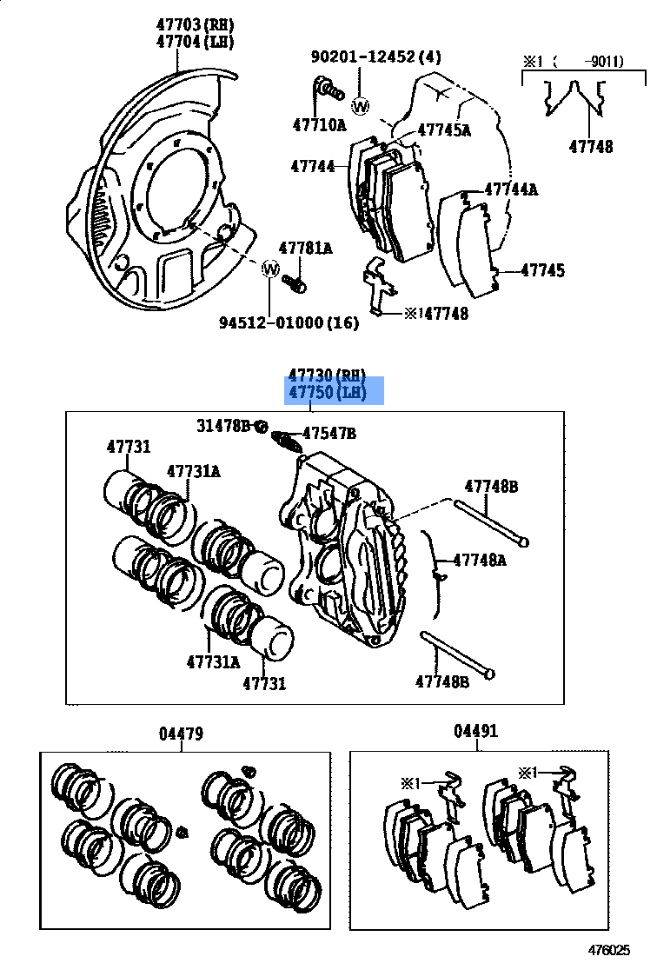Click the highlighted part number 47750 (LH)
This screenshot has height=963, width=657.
click(335, 394)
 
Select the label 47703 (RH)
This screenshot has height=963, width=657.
click(196, 24)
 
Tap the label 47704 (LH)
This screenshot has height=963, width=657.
click(196, 41)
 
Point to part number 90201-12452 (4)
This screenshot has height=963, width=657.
click(376, 57)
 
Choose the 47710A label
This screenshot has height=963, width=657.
click(318, 125)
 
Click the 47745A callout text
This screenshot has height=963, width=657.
click(443, 130)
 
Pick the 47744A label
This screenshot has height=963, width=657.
click(511, 189)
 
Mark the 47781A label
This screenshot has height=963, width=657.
click(305, 249)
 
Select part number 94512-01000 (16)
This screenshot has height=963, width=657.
click(289, 322)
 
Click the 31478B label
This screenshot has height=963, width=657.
click(223, 425)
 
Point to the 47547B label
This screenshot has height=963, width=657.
click(329, 432)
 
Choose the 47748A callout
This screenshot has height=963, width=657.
click(480, 561)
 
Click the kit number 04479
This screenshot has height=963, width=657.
click(181, 734)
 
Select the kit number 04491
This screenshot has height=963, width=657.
click(475, 731)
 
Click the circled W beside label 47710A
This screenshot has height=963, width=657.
click(361, 106)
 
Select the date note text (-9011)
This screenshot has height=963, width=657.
click(593, 61)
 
